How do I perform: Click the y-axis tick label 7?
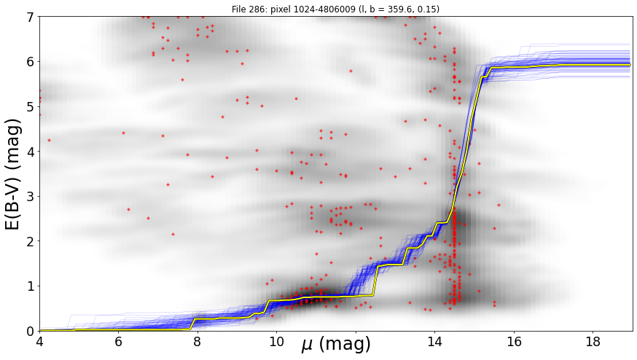(x=31, y=17)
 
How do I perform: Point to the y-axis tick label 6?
(x=31, y=62)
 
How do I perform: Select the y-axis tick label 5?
(x=31, y=107)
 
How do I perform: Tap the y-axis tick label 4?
(x=31, y=152)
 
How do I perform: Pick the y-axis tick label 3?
(x=31, y=197)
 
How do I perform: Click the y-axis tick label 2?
(x=31, y=241)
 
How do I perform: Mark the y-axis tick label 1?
(x=31, y=286)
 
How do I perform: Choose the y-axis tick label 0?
(x=31, y=331)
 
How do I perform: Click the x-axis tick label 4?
(x=39, y=342)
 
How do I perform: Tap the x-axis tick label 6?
(x=118, y=342)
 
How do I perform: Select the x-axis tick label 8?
(x=198, y=342)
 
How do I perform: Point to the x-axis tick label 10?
(x=277, y=342)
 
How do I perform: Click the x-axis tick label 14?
(x=434, y=342)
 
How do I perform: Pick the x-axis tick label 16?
(x=514, y=342)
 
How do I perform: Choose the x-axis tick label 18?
(x=593, y=342)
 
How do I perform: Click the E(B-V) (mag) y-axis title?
(x=13, y=174)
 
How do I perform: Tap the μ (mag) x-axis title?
(x=336, y=345)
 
